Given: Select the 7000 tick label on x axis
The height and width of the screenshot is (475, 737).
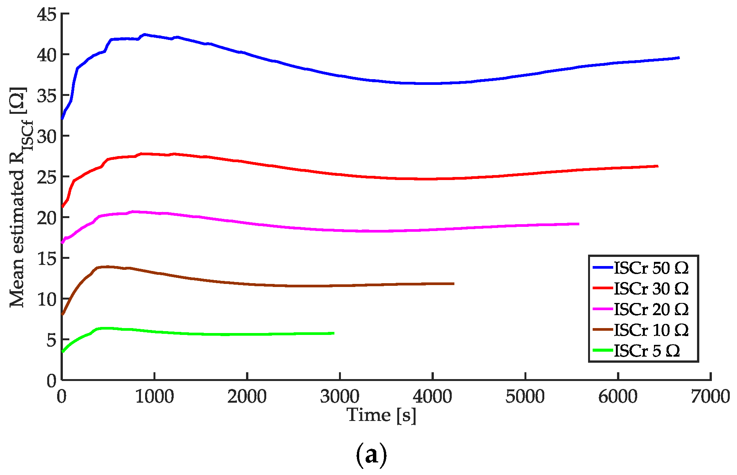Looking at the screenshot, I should (710, 397).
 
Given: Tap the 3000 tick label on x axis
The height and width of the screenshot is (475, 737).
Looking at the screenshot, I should (340, 397).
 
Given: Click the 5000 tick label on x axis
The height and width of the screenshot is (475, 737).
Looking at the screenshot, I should (525, 397).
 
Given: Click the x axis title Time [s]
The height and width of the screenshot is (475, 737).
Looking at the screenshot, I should (381, 415).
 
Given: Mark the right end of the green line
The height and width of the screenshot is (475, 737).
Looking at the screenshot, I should (334, 333).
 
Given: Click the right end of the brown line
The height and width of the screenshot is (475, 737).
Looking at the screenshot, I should (454, 284).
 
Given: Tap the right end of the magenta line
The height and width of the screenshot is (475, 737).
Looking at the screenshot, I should (579, 224).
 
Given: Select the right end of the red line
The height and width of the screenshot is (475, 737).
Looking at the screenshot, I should (657, 166).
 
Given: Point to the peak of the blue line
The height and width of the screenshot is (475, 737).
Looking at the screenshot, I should (144, 34).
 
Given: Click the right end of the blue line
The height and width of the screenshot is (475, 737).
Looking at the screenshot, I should (679, 58).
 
